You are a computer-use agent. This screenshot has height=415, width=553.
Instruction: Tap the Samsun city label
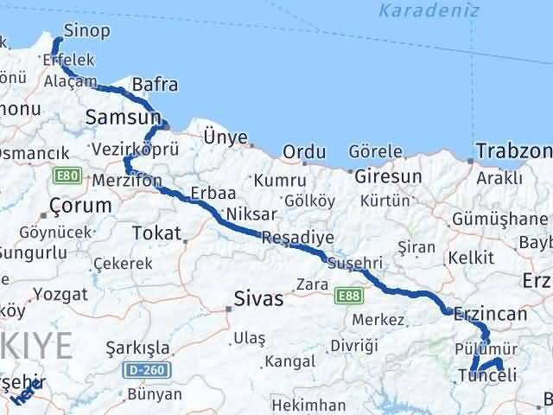122,117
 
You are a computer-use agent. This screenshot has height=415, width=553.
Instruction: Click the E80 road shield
64,177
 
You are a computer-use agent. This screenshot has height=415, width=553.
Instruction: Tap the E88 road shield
348,297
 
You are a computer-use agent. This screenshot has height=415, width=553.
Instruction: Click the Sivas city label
258,300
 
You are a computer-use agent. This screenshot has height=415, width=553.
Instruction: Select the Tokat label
157,233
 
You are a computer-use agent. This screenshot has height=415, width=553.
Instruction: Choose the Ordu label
303,152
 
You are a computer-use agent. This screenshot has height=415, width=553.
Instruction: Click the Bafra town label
156,85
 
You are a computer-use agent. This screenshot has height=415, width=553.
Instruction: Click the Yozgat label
60,293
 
